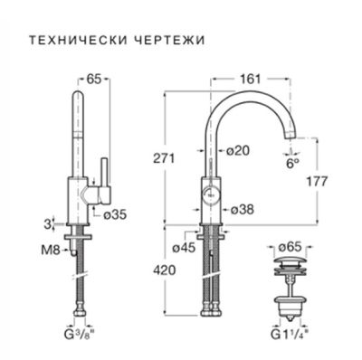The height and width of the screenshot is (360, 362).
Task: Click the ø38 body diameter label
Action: (241, 209)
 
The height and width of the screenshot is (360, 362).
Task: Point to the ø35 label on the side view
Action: (114, 215)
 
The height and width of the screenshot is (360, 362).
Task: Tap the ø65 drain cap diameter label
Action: (290, 244)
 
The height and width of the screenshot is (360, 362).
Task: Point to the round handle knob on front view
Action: (210, 193)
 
